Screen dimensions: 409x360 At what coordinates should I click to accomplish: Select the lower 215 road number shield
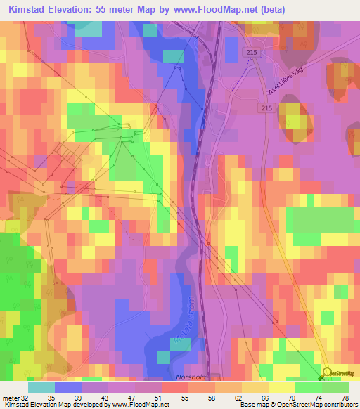pyautogui.click(x=265, y=108)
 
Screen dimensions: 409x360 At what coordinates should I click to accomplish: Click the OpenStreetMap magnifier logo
pyautogui.click(x=328, y=373)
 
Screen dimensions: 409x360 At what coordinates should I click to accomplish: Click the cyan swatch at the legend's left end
pyautogui.click(x=41, y=387)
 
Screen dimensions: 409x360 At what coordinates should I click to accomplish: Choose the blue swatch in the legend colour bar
pyautogui.click(x=68, y=387)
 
